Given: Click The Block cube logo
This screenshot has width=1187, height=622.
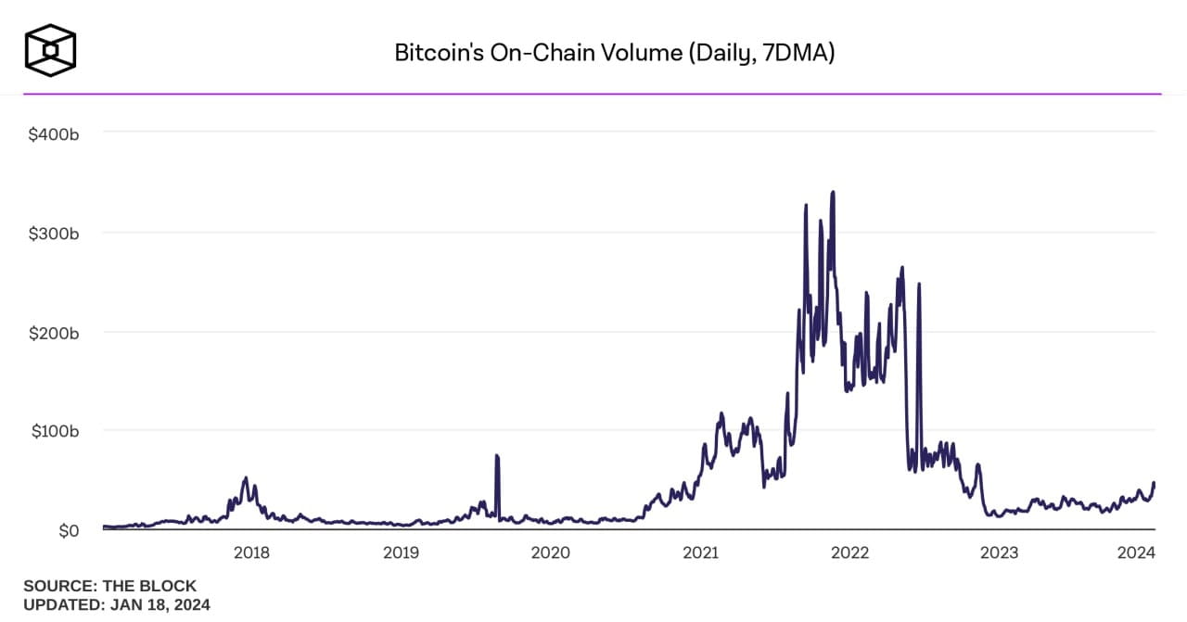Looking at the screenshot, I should click(x=50, y=49).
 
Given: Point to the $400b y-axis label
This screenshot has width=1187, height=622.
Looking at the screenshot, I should click(x=53, y=133).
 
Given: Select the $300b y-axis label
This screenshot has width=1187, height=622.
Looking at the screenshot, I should click(x=53, y=233).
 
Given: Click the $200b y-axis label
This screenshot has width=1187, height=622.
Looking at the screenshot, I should click(x=53, y=332).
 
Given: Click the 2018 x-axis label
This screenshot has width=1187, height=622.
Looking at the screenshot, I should click(x=251, y=553).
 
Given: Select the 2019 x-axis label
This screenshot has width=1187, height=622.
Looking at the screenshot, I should click(x=401, y=553).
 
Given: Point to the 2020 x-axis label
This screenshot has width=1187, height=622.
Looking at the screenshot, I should click(x=550, y=553).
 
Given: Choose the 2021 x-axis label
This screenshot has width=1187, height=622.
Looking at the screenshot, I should click(x=700, y=553).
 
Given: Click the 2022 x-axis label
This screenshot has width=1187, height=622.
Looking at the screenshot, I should click(x=849, y=553).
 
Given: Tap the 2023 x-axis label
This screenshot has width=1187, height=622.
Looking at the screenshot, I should click(x=1000, y=553).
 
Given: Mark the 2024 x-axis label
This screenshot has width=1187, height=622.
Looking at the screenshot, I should click(x=1135, y=553).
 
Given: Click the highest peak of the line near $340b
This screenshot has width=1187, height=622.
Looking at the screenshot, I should click(x=833, y=193).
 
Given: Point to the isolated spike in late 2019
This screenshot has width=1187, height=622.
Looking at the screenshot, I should click(x=497, y=456).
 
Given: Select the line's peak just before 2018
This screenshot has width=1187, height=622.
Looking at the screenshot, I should click(x=245, y=478).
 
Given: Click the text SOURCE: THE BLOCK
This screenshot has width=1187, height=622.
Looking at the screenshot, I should click(x=109, y=586).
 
